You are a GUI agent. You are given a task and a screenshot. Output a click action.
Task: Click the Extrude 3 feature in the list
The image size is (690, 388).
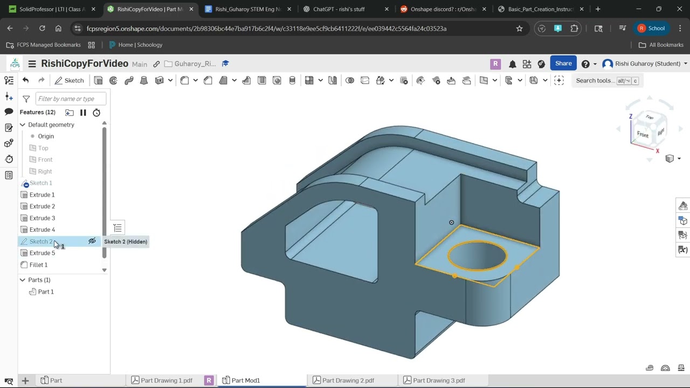42,218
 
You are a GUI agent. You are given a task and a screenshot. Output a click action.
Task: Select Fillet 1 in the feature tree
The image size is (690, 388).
38,265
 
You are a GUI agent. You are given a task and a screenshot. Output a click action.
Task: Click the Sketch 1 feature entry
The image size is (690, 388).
40,183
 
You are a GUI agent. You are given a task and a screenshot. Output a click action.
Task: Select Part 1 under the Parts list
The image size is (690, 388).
45,292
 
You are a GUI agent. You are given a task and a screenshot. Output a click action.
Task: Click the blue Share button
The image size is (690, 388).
563,64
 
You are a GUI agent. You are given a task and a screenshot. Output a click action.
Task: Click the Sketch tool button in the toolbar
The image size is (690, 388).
69,80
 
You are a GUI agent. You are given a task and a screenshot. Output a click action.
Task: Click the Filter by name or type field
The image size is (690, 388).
70,99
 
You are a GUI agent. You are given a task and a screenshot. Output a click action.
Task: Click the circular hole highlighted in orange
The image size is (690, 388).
477,255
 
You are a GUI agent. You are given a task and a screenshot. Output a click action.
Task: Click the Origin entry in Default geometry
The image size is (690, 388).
45,136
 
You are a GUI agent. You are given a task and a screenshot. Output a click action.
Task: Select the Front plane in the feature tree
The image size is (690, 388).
45,160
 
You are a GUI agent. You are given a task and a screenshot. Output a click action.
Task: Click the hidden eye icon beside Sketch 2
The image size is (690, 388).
92,241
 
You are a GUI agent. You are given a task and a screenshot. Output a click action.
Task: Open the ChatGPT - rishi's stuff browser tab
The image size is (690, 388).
339,9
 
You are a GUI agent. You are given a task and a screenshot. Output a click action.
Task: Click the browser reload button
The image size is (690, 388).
42,29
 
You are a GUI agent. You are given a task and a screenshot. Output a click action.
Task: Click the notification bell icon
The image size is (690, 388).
512,64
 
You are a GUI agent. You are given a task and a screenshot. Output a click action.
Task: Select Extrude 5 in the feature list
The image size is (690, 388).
42,253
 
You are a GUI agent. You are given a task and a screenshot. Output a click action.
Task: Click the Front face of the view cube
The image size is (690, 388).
643,134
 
